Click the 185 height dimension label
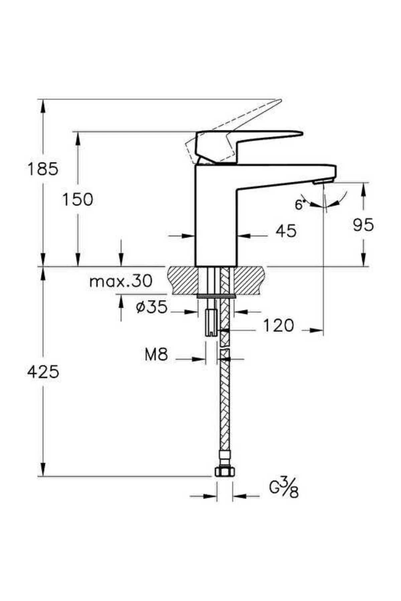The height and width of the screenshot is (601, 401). point(42,169)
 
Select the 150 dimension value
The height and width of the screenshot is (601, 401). point(78,200)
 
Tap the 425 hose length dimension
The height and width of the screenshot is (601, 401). point(43,372)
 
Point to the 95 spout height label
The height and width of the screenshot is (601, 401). point(363,225)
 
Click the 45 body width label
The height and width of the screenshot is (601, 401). point(286,231)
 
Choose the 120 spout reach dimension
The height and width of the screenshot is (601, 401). point(278,326)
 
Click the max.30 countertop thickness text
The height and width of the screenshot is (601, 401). point(121,281)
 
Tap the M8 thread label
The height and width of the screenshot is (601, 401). point(156,354)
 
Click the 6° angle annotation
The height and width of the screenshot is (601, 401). point(300,204)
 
